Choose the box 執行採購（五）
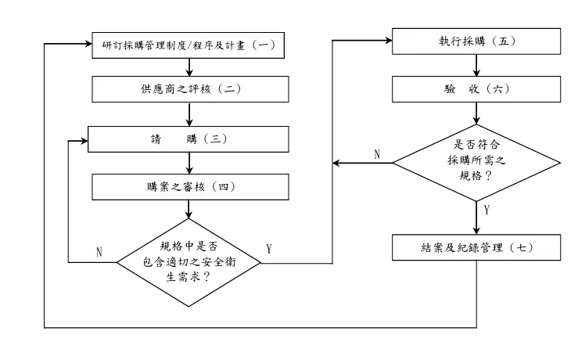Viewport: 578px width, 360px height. coord(476,41)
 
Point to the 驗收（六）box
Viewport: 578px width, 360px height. coord(476,88)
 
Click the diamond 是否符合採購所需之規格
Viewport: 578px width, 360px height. coord(476,162)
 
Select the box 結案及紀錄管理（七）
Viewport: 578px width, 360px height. coord(476,248)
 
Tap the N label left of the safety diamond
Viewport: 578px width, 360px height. coord(99,252)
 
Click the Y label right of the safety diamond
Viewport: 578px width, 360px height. coord(269,250)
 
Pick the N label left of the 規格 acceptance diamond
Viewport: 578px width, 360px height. coord(377,154)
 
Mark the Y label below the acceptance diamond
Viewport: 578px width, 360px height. coord(488,211)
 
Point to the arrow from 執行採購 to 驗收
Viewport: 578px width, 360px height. coord(476,65)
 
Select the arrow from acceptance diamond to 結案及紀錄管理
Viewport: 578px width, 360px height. coord(476,216)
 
